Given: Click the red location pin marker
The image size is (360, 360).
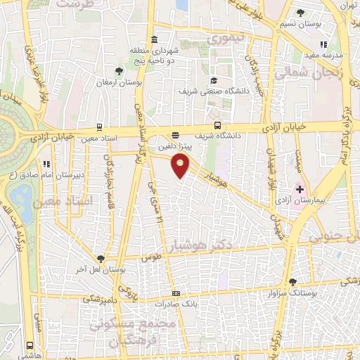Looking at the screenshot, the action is point(181,167).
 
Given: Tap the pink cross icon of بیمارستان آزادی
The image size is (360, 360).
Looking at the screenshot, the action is point(300,188).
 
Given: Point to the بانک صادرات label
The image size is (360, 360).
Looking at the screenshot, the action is point(175,303).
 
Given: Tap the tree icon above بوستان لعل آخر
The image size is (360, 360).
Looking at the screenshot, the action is point(101,258).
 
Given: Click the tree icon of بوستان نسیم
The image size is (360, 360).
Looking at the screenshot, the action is point(300,13).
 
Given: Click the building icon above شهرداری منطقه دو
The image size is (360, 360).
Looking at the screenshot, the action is point(155,39).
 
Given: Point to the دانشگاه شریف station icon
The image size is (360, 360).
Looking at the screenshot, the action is point(175,134).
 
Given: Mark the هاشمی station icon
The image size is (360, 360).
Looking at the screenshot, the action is point(29,346).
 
